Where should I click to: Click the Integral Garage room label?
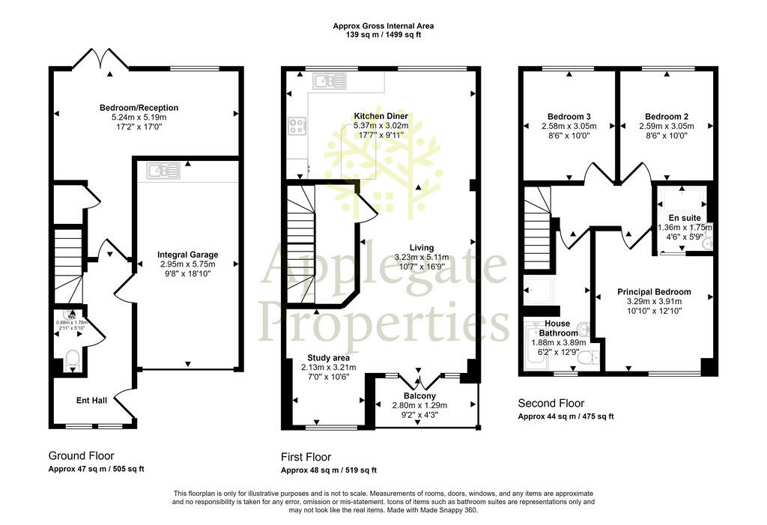click(188, 255)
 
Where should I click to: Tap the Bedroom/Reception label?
click(139, 108)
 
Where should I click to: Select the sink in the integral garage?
click(163, 171)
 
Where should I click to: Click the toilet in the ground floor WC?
click(73, 359)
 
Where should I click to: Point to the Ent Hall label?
click(91, 400)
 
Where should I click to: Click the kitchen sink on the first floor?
click(330, 81)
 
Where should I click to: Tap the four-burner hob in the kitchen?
click(297, 127)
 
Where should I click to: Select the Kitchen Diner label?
click(381, 116)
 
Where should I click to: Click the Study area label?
click(328, 358)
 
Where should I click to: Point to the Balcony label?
click(419, 396)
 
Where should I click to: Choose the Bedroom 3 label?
click(569, 116)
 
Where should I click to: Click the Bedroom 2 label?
click(667, 116)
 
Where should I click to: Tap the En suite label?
click(685, 218)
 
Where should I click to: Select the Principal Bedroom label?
click(654, 291)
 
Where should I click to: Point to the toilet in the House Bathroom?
click(588, 359)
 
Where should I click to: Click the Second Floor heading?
click(551, 403)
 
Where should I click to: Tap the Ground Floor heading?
click(81, 456)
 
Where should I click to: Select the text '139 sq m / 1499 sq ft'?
click(383, 34)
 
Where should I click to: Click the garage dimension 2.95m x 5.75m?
click(188, 264)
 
